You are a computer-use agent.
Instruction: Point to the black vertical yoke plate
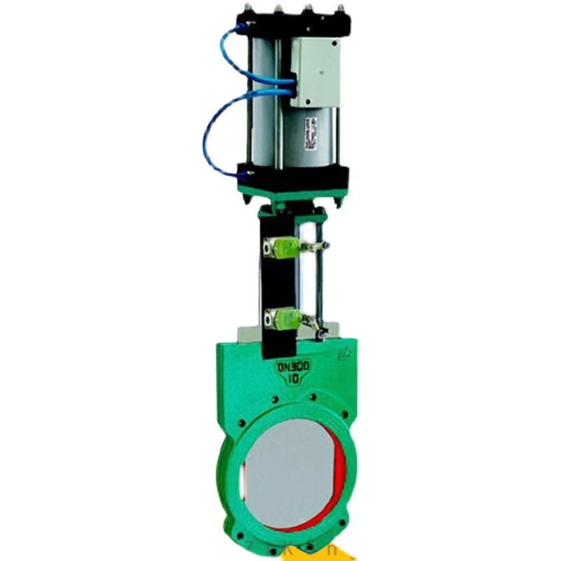pyautogui.click(x=275, y=280)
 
